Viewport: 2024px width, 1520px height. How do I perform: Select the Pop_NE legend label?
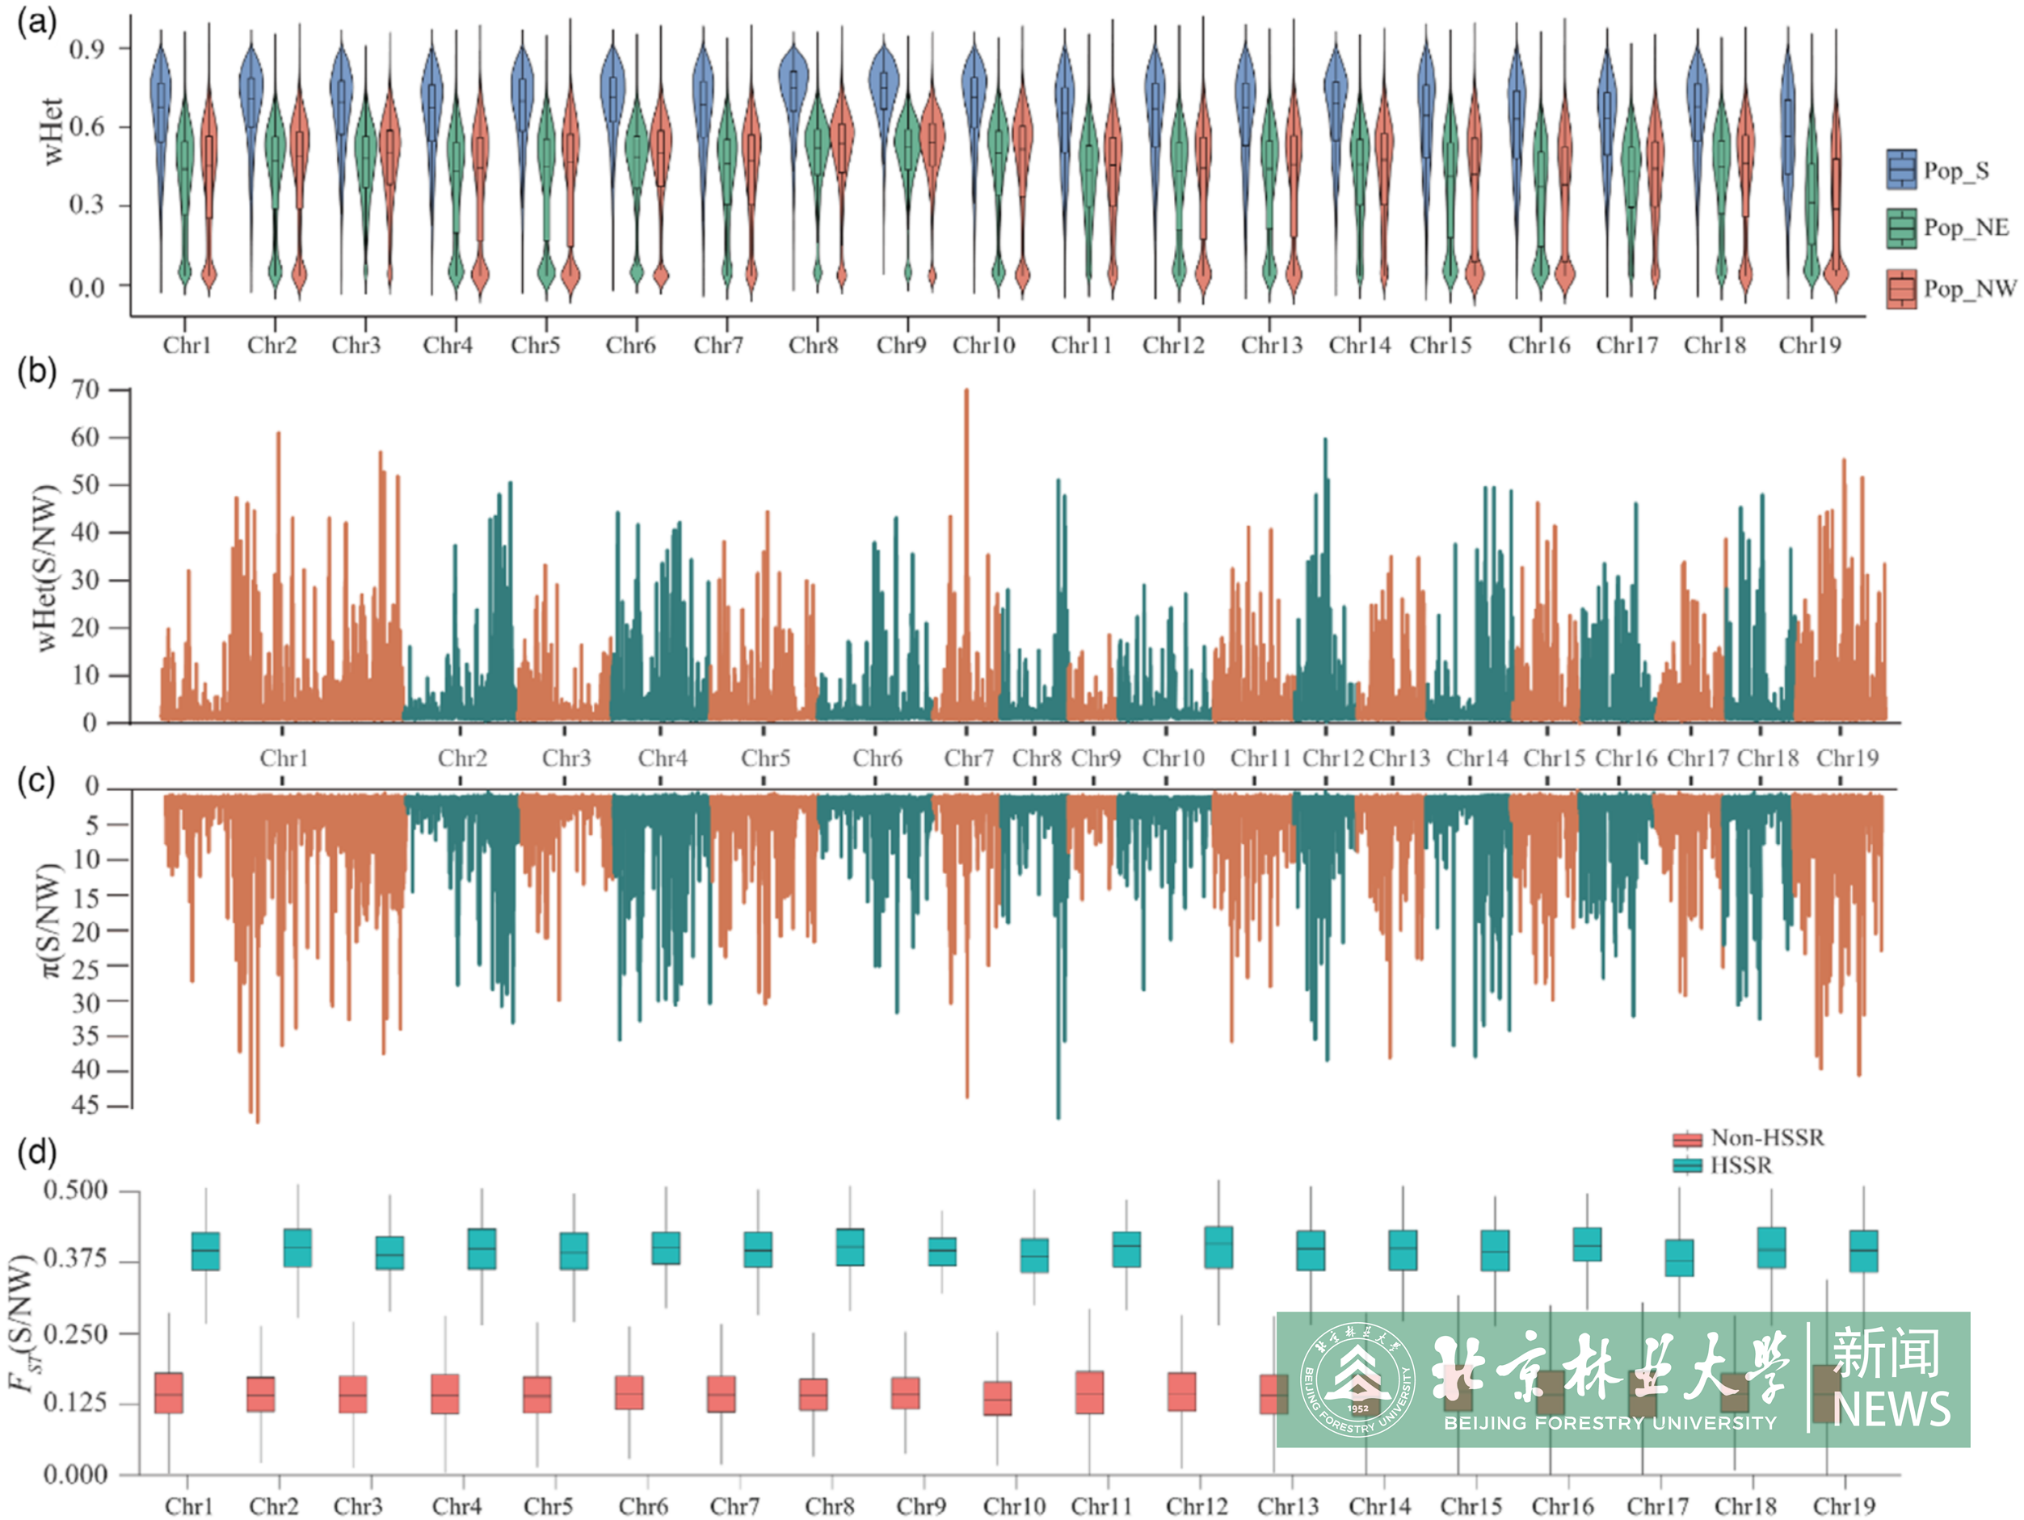pos(1966,227)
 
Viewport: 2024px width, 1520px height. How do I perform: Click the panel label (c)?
pos(36,781)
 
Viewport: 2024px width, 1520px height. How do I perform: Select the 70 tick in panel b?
pos(85,391)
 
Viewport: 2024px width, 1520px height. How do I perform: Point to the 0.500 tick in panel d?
pos(76,1190)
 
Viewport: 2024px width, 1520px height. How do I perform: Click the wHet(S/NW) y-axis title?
pos(46,567)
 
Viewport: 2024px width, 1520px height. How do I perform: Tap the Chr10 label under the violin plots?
pos(983,346)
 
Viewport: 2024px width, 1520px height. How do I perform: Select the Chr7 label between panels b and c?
pos(968,758)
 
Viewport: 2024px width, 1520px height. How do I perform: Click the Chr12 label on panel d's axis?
pos(1196,1506)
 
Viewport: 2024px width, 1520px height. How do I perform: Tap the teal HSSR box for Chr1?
pos(205,1251)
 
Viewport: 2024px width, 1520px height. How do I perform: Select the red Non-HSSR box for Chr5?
pos(537,1395)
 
